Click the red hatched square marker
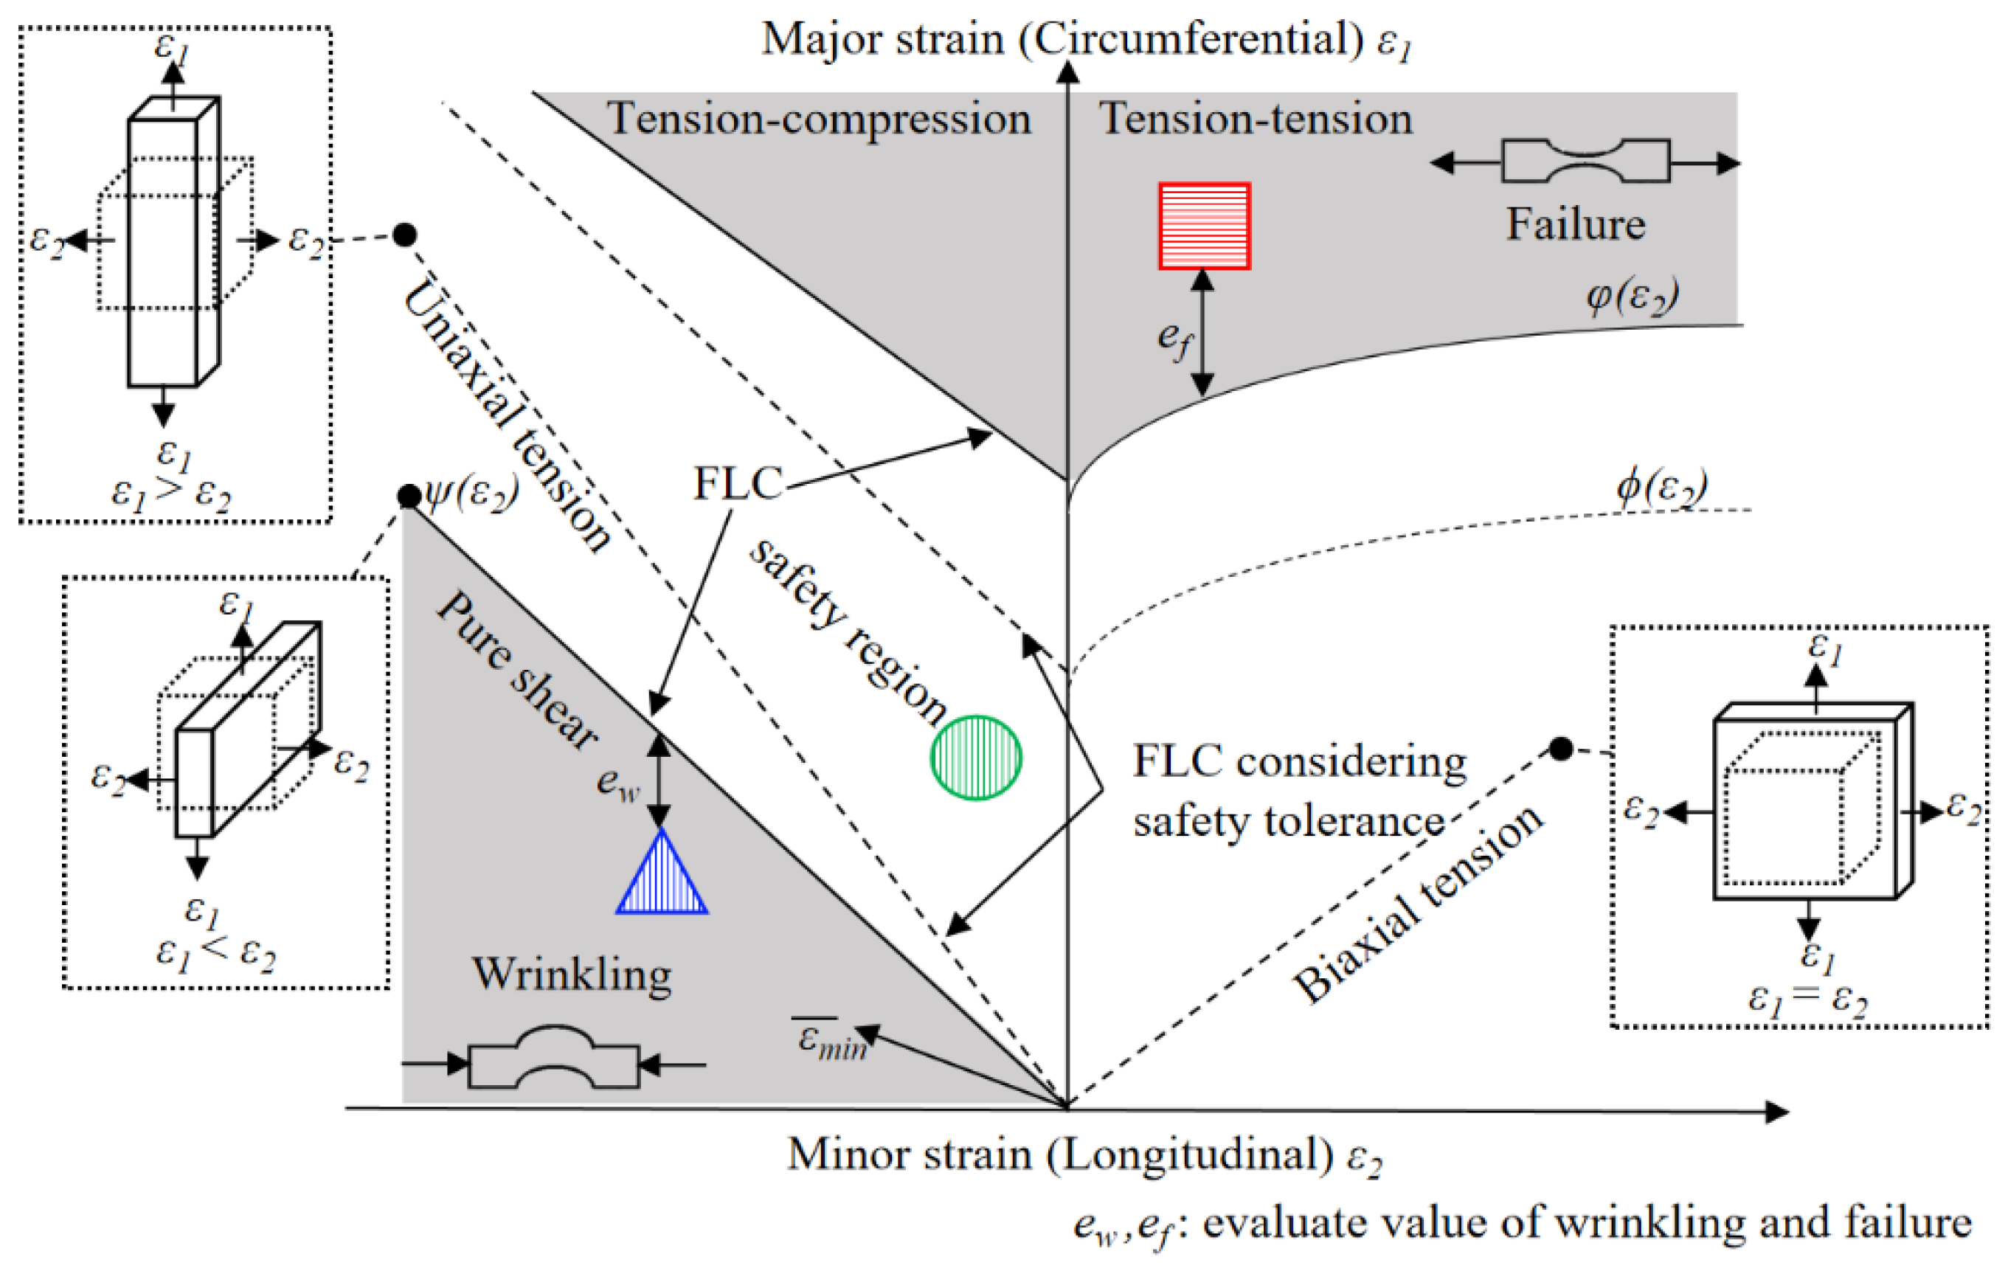[x=1204, y=226]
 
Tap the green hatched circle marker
[x=976, y=757]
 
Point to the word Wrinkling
[x=572, y=974]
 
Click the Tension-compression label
[x=818, y=118]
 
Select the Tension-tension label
[x=1255, y=118]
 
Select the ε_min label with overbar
[x=831, y=1041]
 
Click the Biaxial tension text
[x=1418, y=904]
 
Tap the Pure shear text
[x=517, y=671]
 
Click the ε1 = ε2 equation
[x=1808, y=997]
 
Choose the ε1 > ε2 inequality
[x=171, y=493]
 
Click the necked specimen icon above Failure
[x=1585, y=161]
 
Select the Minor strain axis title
[x=1084, y=1154]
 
